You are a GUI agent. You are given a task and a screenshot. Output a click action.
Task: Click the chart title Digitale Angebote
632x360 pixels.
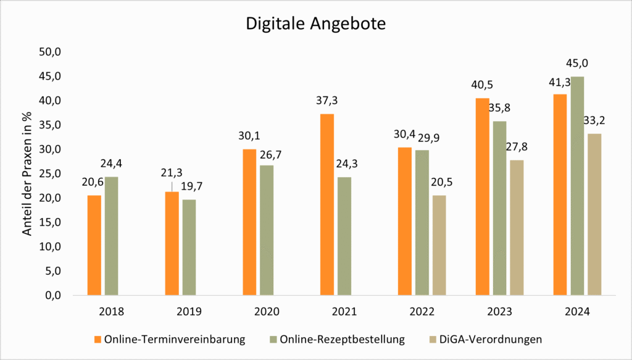(315, 24)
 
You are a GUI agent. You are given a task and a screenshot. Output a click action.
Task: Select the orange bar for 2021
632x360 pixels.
(327, 204)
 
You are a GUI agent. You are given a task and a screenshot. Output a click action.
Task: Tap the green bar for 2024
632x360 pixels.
(577, 186)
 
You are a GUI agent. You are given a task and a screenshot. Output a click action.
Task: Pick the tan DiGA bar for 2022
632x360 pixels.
(438, 245)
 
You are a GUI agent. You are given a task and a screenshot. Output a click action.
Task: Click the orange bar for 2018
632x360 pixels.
(94, 245)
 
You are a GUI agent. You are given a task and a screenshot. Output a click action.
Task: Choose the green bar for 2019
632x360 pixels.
(189, 247)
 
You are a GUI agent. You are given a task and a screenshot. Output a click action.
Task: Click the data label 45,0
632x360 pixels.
(577, 63)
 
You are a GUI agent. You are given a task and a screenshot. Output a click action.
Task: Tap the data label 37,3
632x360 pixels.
(327, 100)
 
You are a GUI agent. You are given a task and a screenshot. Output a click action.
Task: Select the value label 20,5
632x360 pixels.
(438, 182)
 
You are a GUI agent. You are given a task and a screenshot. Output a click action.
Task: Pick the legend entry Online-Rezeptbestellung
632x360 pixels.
(342, 339)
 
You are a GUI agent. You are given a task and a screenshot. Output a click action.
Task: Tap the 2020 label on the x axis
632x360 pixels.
(267, 311)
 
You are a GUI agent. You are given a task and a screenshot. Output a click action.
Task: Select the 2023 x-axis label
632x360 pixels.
(499, 311)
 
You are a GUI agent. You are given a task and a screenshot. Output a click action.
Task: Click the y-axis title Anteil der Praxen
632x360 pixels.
(27, 174)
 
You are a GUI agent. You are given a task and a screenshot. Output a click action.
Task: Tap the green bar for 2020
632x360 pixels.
(267, 230)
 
